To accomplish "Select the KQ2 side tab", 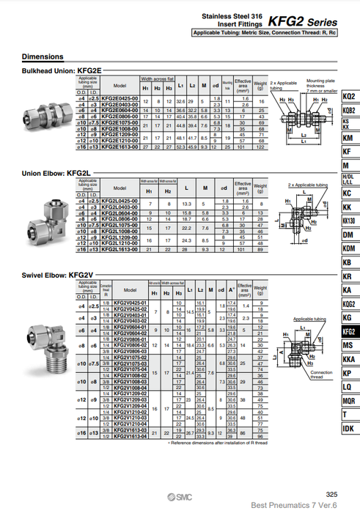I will pyautogui.click(x=348, y=97).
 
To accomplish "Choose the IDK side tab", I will pyautogui.click(x=348, y=428).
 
